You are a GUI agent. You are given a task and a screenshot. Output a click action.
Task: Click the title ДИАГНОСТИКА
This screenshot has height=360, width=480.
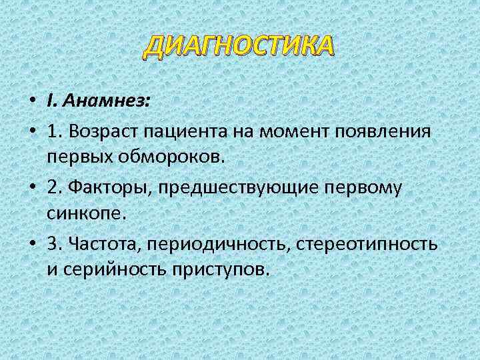click(x=239, y=47)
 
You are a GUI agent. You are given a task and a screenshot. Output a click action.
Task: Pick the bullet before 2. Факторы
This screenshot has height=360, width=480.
click(x=33, y=189)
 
